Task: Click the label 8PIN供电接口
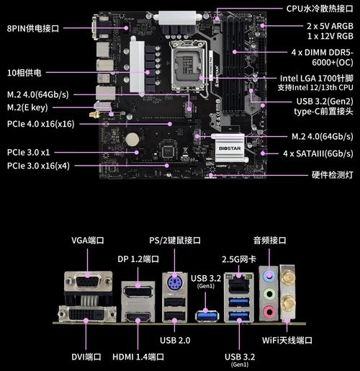click(x=33, y=28)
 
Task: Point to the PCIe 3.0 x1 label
click(x=29, y=152)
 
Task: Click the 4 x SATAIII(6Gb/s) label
click(x=318, y=153)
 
